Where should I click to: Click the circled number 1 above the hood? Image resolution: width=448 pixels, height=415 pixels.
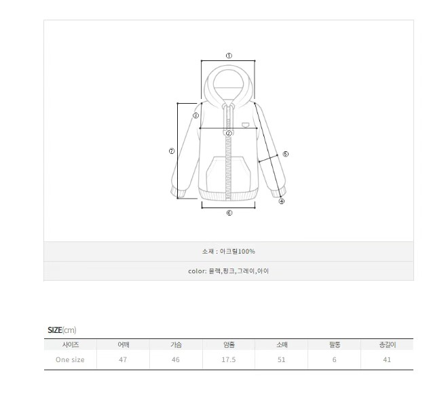229,56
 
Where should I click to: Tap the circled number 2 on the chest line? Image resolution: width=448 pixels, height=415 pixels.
229,133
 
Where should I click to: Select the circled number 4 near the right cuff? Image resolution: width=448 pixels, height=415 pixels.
282,201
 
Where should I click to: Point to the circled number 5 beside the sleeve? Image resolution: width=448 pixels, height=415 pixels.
285,154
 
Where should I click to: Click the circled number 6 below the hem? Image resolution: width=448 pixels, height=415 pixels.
229,213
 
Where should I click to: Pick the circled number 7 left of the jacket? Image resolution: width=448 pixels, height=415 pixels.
172,151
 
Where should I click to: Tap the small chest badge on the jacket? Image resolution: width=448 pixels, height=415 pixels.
245,125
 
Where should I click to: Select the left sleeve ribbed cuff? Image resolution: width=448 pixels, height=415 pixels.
177,192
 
